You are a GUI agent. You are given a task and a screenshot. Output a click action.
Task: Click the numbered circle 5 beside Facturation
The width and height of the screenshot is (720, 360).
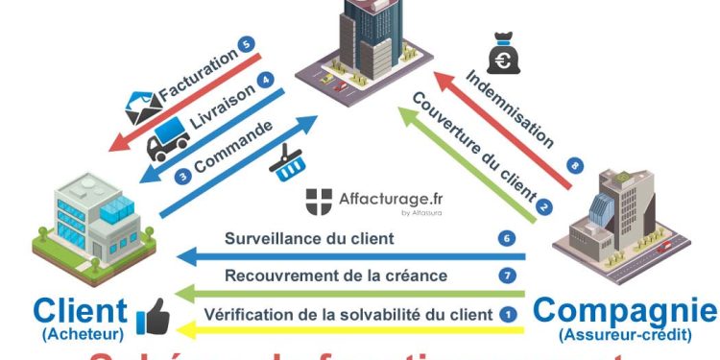coord(248,44)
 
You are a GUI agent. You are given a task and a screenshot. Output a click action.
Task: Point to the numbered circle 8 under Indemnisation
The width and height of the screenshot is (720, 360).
coord(574,165)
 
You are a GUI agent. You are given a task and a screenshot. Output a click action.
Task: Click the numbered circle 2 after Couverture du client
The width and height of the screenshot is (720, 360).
coord(544,205)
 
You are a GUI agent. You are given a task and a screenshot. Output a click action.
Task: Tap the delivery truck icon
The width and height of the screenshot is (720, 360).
coord(169,142)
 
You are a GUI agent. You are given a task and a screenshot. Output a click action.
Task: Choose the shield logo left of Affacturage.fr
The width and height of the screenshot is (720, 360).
coord(320,203)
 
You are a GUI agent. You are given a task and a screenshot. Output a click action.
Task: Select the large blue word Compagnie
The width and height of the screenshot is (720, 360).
coord(624,310)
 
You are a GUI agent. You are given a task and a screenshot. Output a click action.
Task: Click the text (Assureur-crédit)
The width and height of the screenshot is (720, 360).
coord(625,336)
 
